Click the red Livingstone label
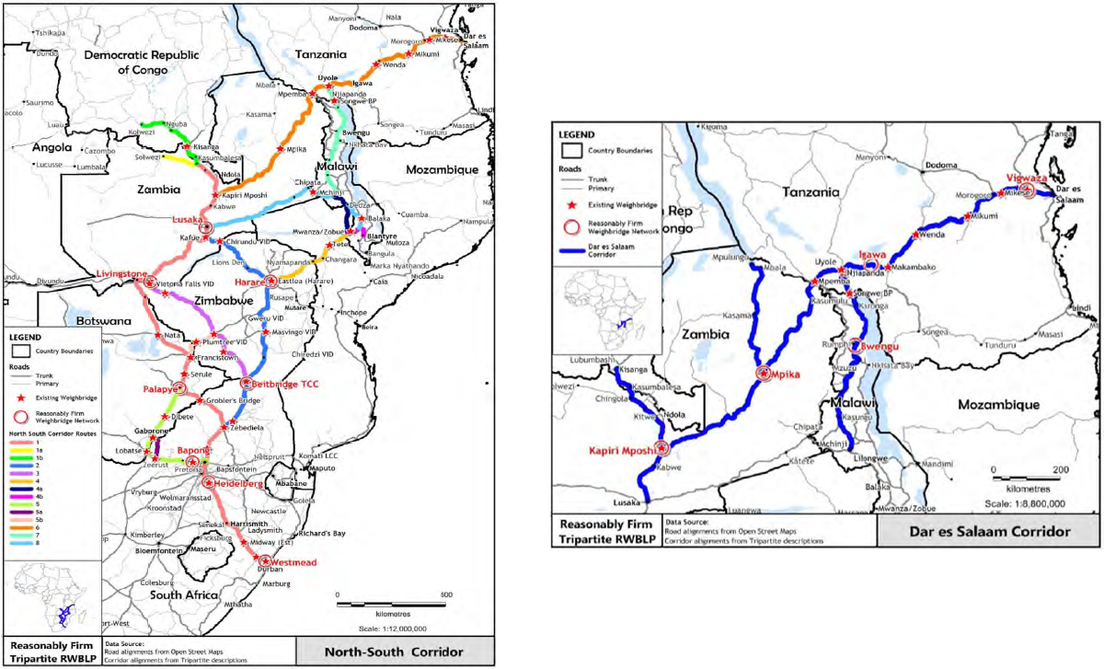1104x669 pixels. pyautogui.click(x=121, y=273)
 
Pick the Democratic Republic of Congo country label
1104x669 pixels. pyautogui.click(x=148, y=62)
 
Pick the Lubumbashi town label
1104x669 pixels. pyautogui.click(x=591, y=360)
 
